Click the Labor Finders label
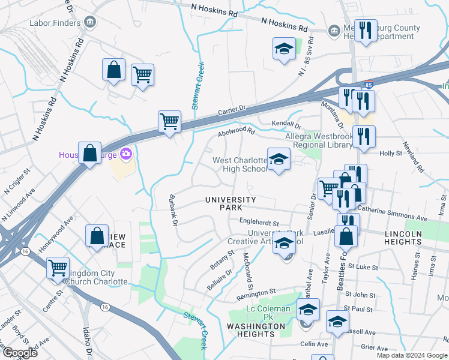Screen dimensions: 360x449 coord(55,23)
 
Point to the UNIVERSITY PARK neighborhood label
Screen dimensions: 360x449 coord(231,203)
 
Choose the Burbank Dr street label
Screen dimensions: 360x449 coord(173,210)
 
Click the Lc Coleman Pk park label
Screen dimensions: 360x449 coord(268,309)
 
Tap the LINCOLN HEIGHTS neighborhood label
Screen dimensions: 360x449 coord(413,237)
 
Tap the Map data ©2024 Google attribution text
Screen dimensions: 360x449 coord(411,355)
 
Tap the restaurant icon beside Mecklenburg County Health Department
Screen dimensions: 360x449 coord(365,31)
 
